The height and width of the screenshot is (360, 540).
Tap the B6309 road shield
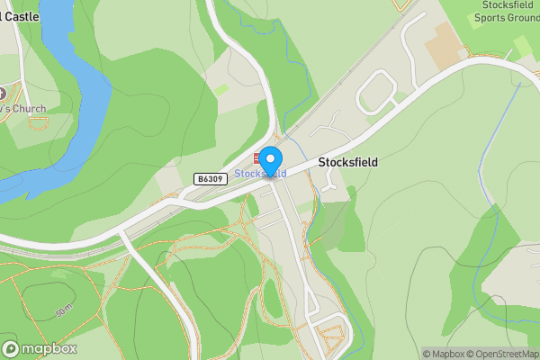click(x=209, y=180)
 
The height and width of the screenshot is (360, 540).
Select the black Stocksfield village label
click(x=348, y=163)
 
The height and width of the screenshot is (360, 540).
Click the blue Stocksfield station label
click(x=260, y=173)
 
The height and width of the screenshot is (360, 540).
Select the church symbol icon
click(x=3, y=93)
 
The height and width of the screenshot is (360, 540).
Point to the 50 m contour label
click(x=64, y=311)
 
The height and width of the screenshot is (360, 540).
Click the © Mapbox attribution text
click(x=444, y=354)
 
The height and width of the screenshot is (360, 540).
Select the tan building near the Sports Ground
click(x=443, y=45)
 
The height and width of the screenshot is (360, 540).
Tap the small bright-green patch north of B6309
click(x=220, y=90)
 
